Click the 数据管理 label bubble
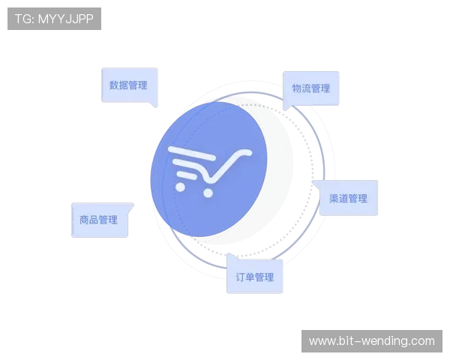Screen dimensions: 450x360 click(x=130, y=85)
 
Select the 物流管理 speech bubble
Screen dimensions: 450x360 click(x=311, y=88)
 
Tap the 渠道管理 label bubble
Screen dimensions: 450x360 click(x=348, y=198)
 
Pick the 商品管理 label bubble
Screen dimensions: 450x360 click(x=99, y=220)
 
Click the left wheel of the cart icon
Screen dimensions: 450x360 click(x=180, y=187)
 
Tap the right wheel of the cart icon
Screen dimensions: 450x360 click(x=208, y=193)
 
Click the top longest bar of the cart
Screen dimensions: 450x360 click(x=192, y=153)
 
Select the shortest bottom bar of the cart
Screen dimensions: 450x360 click(x=187, y=175)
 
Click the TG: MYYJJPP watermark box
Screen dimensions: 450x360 click(x=54, y=19)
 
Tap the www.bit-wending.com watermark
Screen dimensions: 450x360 click(x=372, y=341)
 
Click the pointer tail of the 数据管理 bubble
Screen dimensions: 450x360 click(x=154, y=104)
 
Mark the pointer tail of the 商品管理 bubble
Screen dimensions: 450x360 click(x=130, y=207)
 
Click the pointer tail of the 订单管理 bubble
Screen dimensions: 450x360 click(x=231, y=256)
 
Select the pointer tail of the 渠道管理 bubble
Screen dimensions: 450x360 click(x=316, y=184)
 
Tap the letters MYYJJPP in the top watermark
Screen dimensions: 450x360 click(x=66, y=19)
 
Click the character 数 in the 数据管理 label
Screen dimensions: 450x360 click(x=114, y=85)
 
